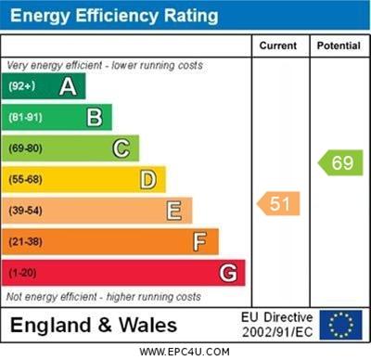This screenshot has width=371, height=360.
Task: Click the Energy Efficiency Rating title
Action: [113, 16]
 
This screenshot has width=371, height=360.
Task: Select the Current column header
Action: [278, 45]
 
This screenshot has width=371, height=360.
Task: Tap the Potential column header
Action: [339, 45]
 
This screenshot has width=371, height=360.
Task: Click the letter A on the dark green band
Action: [68, 87]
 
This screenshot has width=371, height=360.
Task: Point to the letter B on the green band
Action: [95, 118]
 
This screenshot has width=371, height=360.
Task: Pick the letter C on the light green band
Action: [122, 148]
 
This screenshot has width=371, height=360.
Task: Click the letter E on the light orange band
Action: [174, 211]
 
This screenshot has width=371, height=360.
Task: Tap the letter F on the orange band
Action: [200, 242]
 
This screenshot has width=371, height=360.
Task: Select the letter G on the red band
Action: [227, 273]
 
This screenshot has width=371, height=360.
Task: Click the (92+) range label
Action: [21, 87]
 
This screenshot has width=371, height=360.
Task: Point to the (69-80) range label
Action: [26, 148]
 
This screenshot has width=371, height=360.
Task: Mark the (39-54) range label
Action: [26, 211]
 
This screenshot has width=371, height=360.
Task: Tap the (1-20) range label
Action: [23, 273]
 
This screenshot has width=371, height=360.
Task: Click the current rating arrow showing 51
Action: [279, 203]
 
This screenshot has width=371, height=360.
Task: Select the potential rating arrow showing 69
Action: [340, 163]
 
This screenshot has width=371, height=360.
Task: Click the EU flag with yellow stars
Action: [340, 325]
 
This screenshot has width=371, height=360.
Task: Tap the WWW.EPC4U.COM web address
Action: [185, 352]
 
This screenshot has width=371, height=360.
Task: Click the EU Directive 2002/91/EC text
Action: [277, 325]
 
